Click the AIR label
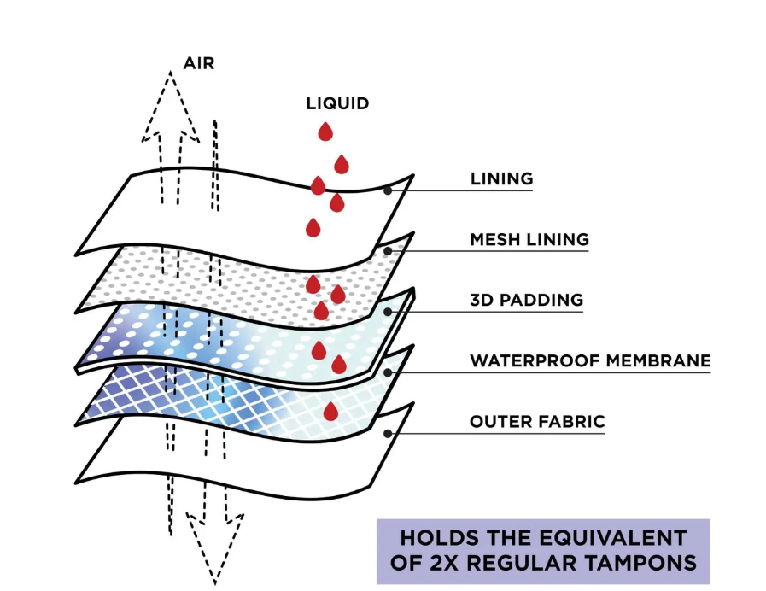(x=199, y=63)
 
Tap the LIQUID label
(x=337, y=103)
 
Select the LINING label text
(x=502, y=178)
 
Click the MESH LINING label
(x=529, y=239)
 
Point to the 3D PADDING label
(x=527, y=300)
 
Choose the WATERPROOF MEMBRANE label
(x=590, y=361)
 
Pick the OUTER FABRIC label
(x=537, y=422)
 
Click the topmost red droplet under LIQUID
(x=325, y=132)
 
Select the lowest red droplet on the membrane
(x=330, y=412)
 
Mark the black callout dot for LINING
(x=388, y=190)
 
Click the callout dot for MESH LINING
(x=388, y=251)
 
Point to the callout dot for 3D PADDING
(x=388, y=312)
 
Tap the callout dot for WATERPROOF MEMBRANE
(x=388, y=372)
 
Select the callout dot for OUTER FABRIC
(x=388, y=433)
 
